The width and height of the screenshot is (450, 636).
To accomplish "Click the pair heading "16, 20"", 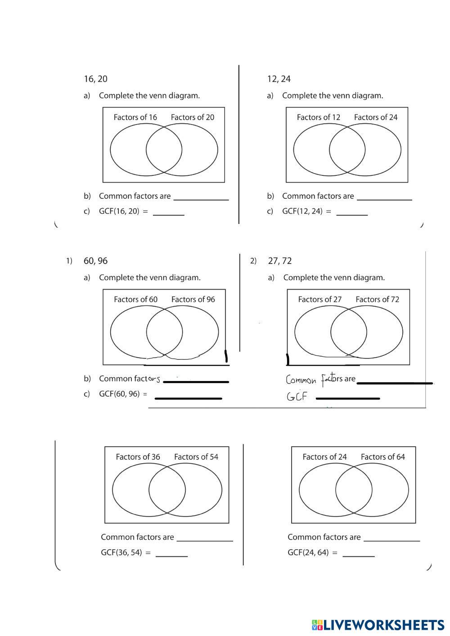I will pos(95,79).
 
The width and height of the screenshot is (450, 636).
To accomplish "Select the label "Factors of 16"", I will pos(135,117).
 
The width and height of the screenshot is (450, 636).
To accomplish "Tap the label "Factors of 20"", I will pos(192,117).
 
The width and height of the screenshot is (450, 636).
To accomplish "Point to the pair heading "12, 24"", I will pos(279,79).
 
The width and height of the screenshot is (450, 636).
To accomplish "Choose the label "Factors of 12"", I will pos(318,117).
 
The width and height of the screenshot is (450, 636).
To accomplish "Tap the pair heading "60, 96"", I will pos(95,261).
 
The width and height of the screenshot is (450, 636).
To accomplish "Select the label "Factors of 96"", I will pos(193,300).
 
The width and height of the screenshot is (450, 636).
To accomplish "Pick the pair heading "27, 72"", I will pos(279,261).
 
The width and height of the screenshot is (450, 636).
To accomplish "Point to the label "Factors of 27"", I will pos(319,300).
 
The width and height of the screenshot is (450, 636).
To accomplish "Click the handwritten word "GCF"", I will pos(297,397).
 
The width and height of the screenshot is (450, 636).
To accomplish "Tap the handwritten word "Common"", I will pos(301,381).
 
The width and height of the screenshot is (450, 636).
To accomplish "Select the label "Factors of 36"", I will pos(138,457).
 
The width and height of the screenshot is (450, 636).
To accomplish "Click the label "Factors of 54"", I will pos(196,457).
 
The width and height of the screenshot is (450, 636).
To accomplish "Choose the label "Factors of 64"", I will pos(382,457).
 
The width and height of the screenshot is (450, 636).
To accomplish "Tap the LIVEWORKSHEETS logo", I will pos(378,625).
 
